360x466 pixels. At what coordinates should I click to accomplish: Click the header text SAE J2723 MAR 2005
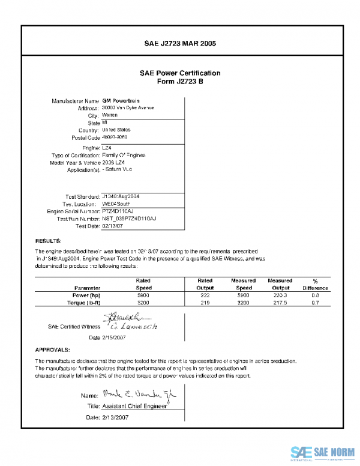(x=180, y=44)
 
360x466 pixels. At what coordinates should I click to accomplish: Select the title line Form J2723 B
(x=180, y=81)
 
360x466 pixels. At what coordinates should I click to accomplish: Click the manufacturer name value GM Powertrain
(x=118, y=100)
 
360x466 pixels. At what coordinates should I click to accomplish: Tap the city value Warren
(x=110, y=115)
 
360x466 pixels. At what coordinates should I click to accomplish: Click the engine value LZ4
(x=107, y=147)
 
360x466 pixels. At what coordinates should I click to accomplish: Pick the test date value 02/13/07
(x=112, y=226)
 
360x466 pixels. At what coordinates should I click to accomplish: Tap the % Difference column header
(x=315, y=284)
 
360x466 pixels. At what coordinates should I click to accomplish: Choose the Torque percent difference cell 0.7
(x=315, y=303)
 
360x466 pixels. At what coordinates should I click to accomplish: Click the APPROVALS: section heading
(x=53, y=349)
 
